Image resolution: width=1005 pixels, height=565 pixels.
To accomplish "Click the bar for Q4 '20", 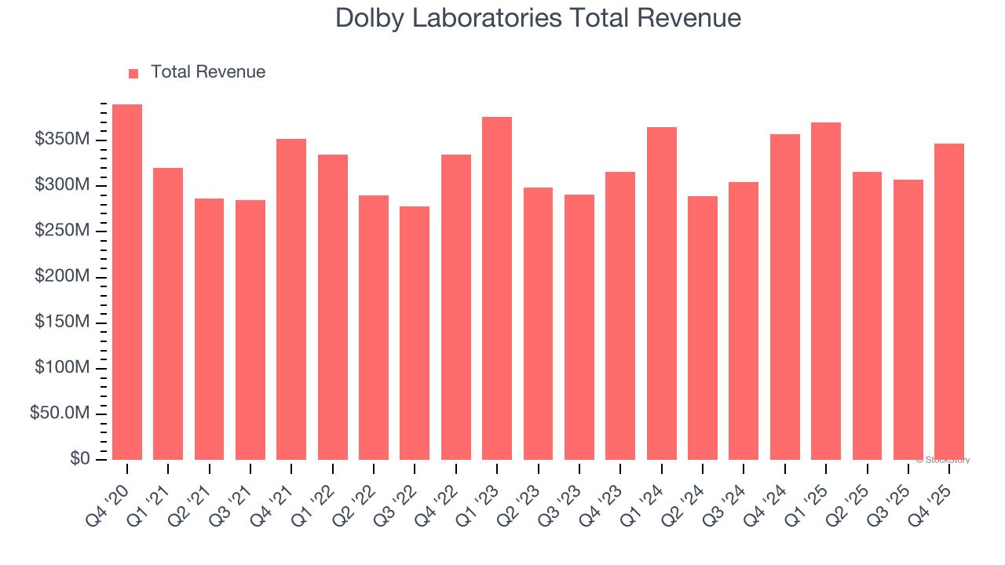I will [x=127, y=282].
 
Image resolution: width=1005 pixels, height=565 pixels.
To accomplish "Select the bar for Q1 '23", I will [x=497, y=288].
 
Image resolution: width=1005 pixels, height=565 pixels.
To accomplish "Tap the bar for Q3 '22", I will [x=415, y=333].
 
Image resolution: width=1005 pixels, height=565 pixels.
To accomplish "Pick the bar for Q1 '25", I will [x=826, y=291].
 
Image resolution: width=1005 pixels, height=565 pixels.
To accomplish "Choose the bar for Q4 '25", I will [x=949, y=301].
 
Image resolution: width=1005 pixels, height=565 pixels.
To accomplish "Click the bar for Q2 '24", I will [x=703, y=328].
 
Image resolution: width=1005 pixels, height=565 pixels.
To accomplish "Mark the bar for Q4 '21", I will [x=291, y=299].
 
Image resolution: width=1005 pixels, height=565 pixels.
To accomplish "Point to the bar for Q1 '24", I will [x=662, y=293].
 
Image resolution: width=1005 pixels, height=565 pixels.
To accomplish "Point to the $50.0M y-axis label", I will [x=60, y=414].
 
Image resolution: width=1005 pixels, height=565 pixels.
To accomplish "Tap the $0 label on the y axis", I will [x=79, y=459].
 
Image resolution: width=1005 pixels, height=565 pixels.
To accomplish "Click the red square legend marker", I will [x=133, y=73].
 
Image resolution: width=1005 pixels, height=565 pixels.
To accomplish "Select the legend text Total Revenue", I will [x=208, y=72].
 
